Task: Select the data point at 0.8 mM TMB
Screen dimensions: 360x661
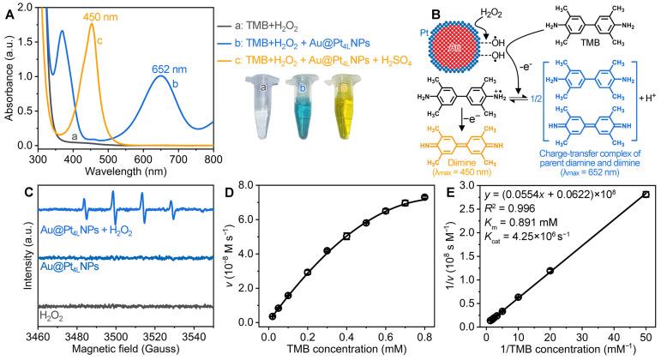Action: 424,197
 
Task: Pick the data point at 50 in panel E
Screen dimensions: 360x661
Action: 646,195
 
